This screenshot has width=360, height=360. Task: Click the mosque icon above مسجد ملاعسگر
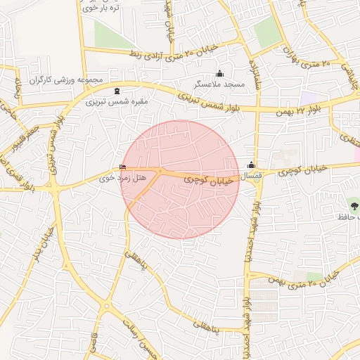tap(219, 74)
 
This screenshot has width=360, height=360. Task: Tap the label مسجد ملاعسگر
tap(219, 84)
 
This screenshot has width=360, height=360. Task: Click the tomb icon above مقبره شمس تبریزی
tap(116, 91)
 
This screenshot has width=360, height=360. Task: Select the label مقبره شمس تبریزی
tap(117, 101)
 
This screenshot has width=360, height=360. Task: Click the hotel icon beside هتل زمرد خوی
tap(124, 167)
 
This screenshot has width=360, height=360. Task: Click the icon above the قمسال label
tap(251, 165)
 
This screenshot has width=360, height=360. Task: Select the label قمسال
tap(252, 174)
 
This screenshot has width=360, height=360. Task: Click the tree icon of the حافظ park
tap(353, 205)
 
